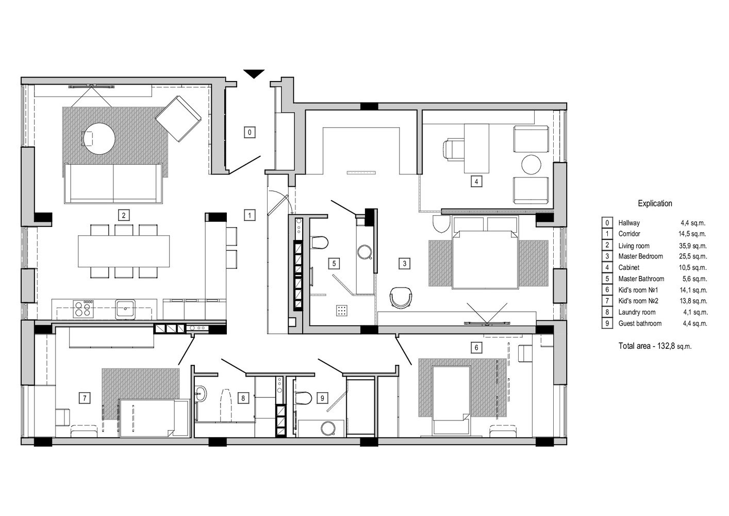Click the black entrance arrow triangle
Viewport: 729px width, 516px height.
(254, 74)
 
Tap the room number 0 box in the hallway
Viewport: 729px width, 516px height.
(250, 132)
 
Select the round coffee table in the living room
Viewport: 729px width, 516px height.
(99, 138)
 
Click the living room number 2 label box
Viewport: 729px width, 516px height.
(124, 215)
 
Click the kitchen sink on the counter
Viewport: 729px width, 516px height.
(125, 309)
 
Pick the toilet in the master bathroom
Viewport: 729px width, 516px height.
(319, 243)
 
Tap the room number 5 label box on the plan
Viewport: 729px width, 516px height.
(334, 263)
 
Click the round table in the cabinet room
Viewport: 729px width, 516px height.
(532, 165)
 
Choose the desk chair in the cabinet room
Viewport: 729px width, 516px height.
(453, 150)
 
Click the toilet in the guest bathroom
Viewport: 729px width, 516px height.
(302, 398)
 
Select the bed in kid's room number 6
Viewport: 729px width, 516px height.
(451, 400)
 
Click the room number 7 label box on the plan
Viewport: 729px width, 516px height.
(85, 398)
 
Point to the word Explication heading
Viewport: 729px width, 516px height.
(655, 204)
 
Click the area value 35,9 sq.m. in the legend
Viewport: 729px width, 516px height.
(693, 246)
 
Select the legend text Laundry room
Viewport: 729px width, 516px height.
(637, 312)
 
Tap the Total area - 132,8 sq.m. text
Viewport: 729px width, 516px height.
(655, 346)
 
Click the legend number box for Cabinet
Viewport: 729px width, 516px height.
(607, 267)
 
